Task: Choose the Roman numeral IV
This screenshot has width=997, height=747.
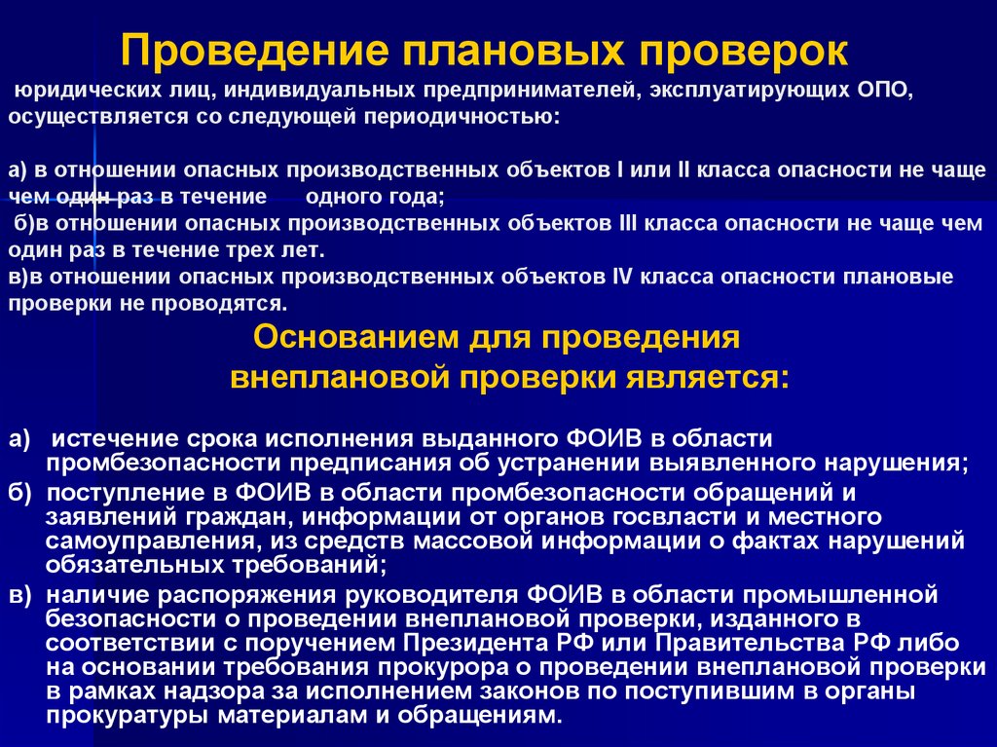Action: [624, 277]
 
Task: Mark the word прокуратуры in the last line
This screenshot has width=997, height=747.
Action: [134, 714]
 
